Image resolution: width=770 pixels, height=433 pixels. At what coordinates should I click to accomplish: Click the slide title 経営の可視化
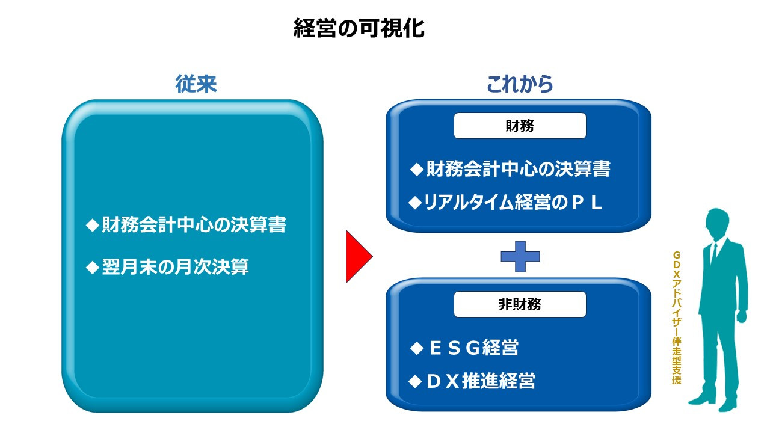pos(359,28)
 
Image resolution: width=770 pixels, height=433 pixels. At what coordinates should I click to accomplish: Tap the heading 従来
pos(196,84)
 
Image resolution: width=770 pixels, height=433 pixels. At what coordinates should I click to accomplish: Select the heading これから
pos(520,84)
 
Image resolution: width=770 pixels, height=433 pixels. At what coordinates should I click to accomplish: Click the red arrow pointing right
pos(357,256)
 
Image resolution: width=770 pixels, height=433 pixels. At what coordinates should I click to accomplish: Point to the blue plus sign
pos(520,257)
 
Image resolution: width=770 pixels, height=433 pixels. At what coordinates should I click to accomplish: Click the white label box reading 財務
pos(520,126)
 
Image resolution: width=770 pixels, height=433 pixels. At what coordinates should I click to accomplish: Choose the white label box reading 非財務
pos(520,304)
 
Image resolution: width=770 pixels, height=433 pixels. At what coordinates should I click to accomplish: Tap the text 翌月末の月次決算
pos(175,266)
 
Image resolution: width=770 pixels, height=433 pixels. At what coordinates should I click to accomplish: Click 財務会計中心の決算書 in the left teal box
pos(193,225)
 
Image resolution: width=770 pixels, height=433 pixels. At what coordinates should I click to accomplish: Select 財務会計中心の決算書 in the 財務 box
pos(518,169)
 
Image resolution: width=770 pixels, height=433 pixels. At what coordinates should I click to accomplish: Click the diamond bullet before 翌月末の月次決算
pos(92,267)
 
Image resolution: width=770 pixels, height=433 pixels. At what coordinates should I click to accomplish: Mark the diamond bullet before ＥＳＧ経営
pos(416,348)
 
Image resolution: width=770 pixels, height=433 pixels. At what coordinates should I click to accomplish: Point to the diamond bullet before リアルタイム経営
pos(415,203)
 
